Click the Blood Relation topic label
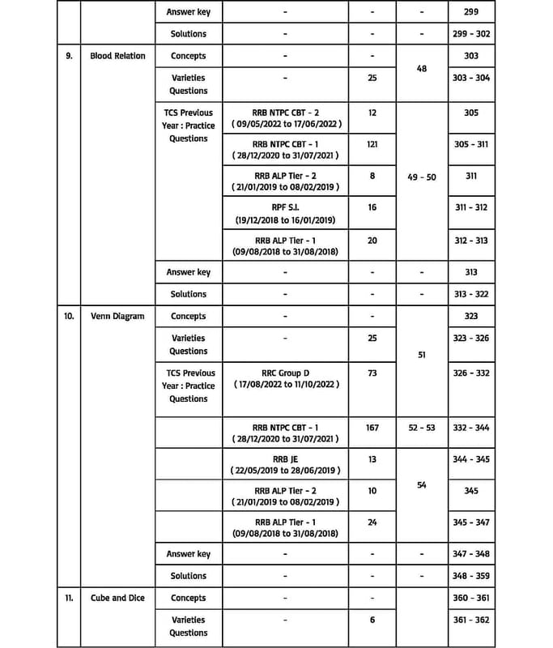coord(117,56)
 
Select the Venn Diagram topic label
coord(117,316)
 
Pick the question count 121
coord(372,143)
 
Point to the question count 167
coord(372,427)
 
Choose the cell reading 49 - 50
coord(421,177)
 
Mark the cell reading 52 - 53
coord(421,427)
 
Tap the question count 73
coord(372,373)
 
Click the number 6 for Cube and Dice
coord(372,620)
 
